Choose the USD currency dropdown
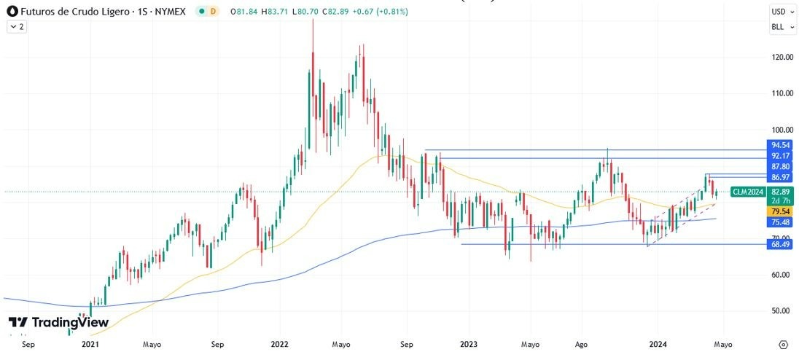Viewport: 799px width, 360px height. tap(782, 12)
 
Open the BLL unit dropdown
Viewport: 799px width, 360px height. tap(782, 28)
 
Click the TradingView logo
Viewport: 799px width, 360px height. tap(58, 322)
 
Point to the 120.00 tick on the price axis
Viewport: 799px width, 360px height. tap(782, 57)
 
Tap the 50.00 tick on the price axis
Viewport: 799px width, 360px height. tap(782, 310)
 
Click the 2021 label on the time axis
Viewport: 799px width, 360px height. tap(90, 344)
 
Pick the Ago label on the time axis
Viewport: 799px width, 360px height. tap(581, 344)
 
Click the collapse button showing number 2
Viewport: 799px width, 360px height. tap(17, 26)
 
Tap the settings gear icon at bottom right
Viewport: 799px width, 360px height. tap(782, 344)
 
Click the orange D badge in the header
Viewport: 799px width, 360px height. tap(212, 12)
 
